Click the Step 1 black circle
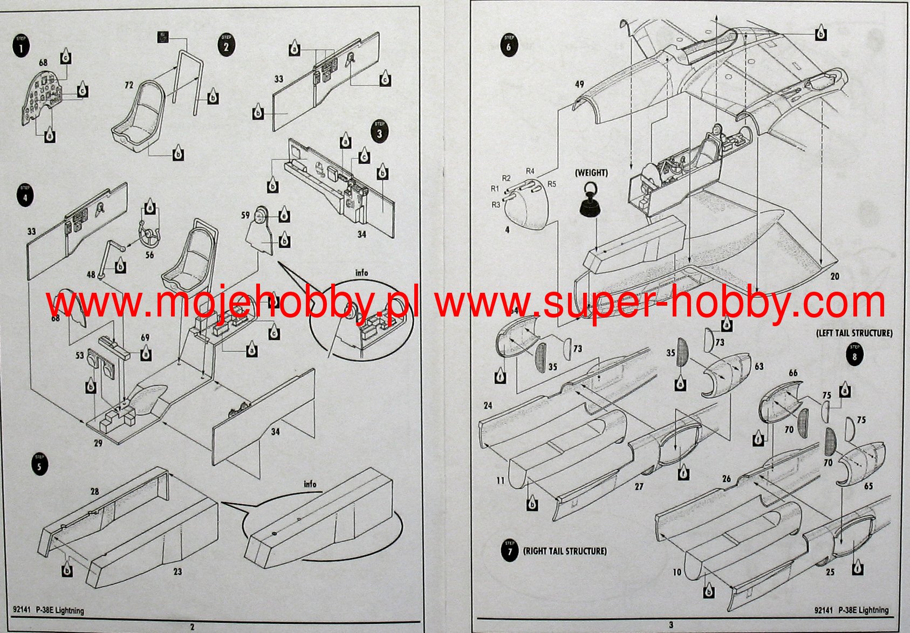[x=21, y=46]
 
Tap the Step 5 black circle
[x=39, y=464]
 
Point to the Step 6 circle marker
[x=508, y=45]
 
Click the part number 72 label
[x=129, y=85]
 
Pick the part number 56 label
[x=149, y=254]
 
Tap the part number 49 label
[x=579, y=84]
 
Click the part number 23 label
[x=177, y=572]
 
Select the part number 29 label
[x=98, y=443]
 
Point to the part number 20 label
[x=834, y=276]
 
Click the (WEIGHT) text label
[x=591, y=173]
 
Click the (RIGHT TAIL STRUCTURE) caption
[x=565, y=551]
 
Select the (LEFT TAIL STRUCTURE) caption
[x=854, y=333]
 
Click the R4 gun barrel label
[x=530, y=171]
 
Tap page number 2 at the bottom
[x=192, y=627]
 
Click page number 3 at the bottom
[x=671, y=625]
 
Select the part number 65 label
[x=868, y=486]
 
